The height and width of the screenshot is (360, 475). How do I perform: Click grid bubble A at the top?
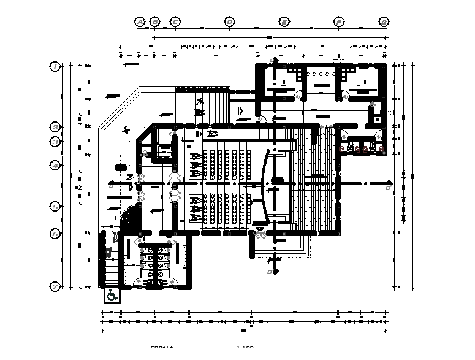[140, 21]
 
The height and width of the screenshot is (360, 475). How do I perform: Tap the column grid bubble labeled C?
[175, 21]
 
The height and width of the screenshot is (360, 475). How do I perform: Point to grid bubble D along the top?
[229, 21]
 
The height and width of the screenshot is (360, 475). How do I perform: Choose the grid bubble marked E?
[284, 21]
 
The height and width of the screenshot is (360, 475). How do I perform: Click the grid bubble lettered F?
[338, 21]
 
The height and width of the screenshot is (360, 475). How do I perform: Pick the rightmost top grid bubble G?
[384, 21]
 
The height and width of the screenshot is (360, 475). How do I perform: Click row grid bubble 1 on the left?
[55, 66]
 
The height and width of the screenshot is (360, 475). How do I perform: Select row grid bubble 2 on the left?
[55, 127]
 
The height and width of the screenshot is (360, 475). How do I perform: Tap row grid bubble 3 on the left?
[55, 142]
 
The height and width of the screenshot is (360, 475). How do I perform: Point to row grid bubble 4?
[55, 166]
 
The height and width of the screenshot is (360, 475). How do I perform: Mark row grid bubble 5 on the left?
[55, 207]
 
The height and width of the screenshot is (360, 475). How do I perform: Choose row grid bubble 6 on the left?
[55, 234]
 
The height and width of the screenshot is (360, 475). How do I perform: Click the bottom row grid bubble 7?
[55, 286]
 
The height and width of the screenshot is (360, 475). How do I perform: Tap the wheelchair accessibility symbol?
[112, 296]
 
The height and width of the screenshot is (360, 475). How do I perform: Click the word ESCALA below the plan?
[162, 347]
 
